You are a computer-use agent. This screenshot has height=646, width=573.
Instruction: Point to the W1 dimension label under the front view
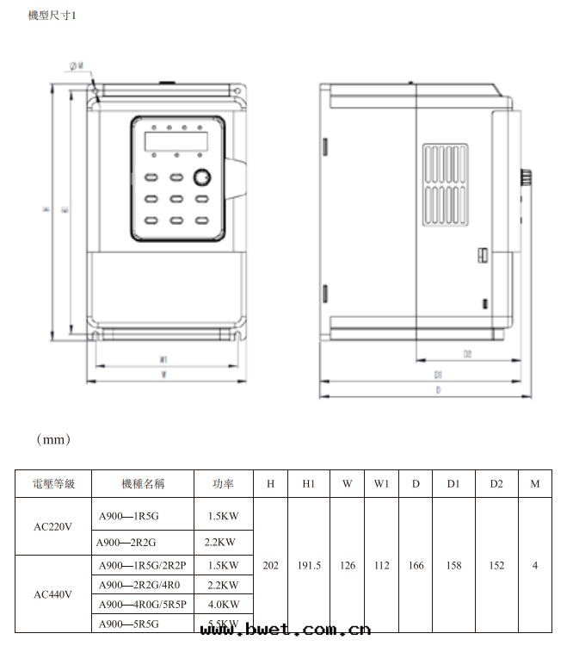(x=163, y=359)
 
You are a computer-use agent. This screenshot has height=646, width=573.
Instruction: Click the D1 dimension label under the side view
(x=438, y=376)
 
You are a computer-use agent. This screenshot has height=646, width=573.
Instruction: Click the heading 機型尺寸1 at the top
(x=52, y=16)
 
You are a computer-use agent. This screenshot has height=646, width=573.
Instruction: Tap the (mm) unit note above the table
(x=53, y=439)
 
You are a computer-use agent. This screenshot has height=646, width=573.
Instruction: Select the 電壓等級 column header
(x=53, y=484)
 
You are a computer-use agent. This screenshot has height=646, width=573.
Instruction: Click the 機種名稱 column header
(x=142, y=484)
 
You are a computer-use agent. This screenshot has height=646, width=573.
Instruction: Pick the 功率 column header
(x=223, y=484)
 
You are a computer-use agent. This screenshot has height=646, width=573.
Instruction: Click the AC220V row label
(x=53, y=527)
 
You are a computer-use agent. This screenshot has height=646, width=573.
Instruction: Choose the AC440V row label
(x=53, y=594)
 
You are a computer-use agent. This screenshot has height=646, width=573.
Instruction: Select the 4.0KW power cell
(x=223, y=604)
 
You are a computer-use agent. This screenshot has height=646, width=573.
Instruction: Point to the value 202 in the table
(x=270, y=566)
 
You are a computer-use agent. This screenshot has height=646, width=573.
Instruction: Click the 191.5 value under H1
(x=309, y=566)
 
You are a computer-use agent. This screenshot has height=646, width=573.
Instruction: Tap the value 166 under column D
(x=416, y=566)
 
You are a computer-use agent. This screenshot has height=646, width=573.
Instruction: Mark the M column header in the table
(x=535, y=484)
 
